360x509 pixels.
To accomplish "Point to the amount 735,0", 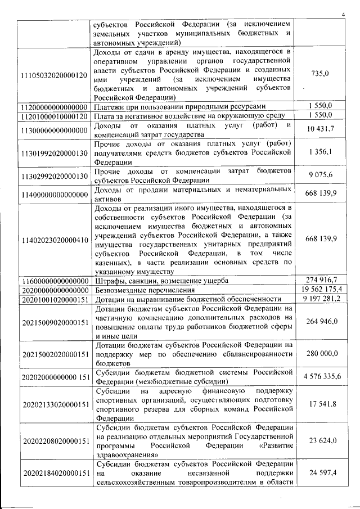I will [x=319, y=74].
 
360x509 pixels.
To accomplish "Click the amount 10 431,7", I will [x=319, y=130].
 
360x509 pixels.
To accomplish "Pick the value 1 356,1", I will [x=319, y=152].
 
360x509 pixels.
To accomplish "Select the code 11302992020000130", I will [x=54, y=176].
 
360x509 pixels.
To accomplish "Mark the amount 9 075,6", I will [x=319, y=175].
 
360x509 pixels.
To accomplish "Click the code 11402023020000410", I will [x=54, y=240].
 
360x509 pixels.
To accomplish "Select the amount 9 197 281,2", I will [x=319, y=299].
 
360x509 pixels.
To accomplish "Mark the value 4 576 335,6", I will [x=319, y=376].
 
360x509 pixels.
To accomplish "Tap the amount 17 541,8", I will [x=319, y=403].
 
